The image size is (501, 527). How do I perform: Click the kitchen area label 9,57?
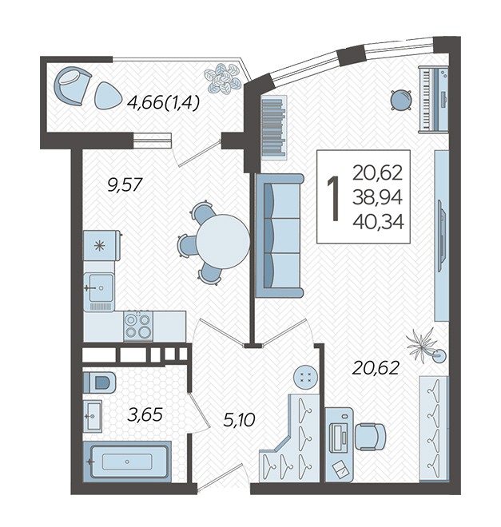125,185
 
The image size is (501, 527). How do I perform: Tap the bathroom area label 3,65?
145,414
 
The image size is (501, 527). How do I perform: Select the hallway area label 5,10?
239,420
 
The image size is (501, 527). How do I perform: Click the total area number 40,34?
378,222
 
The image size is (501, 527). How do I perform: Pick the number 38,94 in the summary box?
377,197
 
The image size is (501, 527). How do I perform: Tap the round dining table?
223,241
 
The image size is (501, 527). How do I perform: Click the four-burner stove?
138,325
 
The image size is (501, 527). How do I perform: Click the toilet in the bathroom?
99,382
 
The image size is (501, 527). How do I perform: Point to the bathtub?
127,462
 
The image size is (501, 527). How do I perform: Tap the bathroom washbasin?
93,416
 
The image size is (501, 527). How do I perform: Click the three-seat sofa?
280,236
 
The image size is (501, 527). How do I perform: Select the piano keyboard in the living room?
433,99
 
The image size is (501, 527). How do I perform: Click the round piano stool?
401,100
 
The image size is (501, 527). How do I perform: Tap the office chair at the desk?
371,437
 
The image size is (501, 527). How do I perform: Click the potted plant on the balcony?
223,78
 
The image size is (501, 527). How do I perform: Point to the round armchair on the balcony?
73,87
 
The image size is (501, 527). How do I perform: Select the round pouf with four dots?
305,377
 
